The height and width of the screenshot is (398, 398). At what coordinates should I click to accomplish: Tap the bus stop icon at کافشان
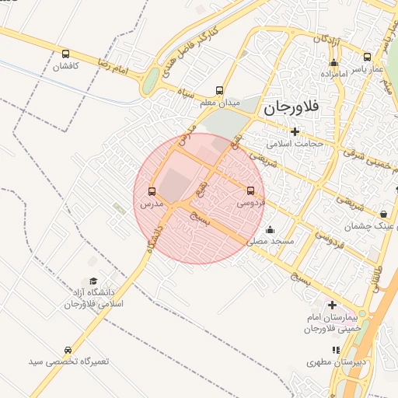(65, 54)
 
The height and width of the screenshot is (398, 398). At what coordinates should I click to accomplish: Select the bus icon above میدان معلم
(219, 90)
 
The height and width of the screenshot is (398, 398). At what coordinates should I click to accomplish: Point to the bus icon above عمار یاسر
(368, 57)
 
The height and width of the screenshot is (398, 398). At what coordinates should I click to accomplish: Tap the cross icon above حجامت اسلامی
(295, 131)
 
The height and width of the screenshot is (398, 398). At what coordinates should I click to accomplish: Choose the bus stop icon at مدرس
(152, 191)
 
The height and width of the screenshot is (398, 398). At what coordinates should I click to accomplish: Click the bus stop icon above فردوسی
(250, 190)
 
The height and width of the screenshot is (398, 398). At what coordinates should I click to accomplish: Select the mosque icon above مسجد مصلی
(270, 229)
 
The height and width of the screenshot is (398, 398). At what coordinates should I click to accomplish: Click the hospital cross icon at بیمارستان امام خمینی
(333, 305)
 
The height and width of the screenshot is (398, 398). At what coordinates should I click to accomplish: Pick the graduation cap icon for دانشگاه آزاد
(93, 281)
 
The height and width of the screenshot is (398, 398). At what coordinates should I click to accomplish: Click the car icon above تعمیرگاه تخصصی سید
(68, 351)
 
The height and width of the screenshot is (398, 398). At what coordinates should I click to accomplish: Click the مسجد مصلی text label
(271, 242)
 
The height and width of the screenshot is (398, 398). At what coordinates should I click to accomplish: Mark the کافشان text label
(66, 67)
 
